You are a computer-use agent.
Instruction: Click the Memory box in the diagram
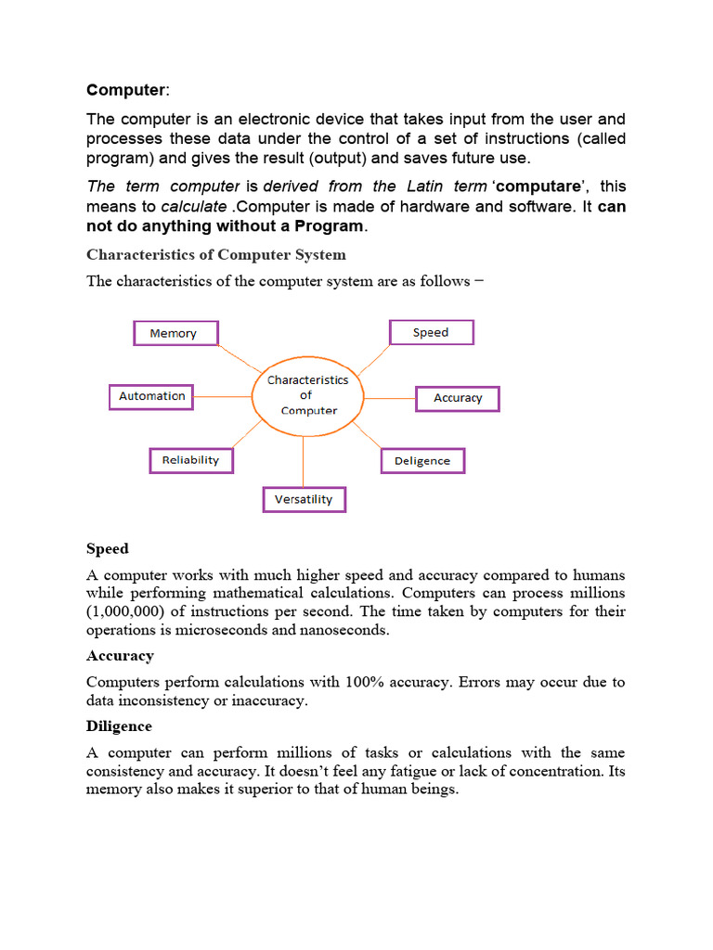click(x=176, y=333)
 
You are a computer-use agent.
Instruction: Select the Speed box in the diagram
click(x=431, y=332)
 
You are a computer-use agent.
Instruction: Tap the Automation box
click(x=151, y=396)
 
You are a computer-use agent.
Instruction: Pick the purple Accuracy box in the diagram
click(x=458, y=398)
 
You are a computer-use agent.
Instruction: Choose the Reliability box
click(x=190, y=460)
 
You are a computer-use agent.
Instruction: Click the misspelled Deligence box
click(x=422, y=461)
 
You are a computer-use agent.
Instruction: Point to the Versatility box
click(x=304, y=499)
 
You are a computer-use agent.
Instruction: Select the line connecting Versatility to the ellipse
click(x=304, y=460)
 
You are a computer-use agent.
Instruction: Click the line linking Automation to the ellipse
click(x=223, y=396)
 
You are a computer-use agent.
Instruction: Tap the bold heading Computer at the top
click(x=125, y=90)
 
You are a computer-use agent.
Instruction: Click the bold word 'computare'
click(x=540, y=186)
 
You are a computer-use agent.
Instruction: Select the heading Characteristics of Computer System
click(x=215, y=254)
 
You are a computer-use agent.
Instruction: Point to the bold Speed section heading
click(x=107, y=548)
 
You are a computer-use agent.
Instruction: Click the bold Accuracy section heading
click(x=120, y=656)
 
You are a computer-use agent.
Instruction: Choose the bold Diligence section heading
click(x=119, y=726)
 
